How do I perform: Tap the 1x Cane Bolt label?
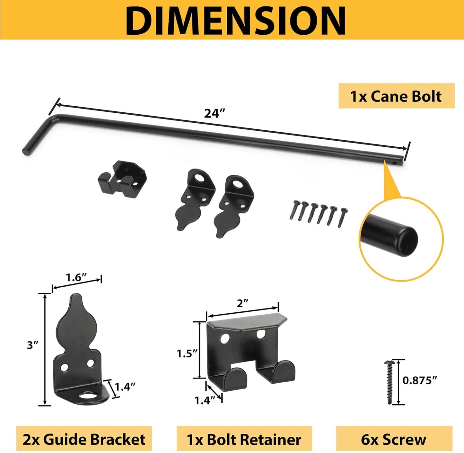click(396, 96)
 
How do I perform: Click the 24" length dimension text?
click(214, 113)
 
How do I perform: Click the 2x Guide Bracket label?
click(84, 439)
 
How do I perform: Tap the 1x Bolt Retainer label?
click(244, 439)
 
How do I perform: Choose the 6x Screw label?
click(394, 439)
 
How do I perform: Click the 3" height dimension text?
click(33, 345)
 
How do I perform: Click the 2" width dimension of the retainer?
click(243, 303)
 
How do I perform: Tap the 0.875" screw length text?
click(420, 380)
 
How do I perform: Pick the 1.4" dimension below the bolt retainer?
click(205, 400)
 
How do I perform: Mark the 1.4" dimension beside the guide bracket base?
click(125, 387)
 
